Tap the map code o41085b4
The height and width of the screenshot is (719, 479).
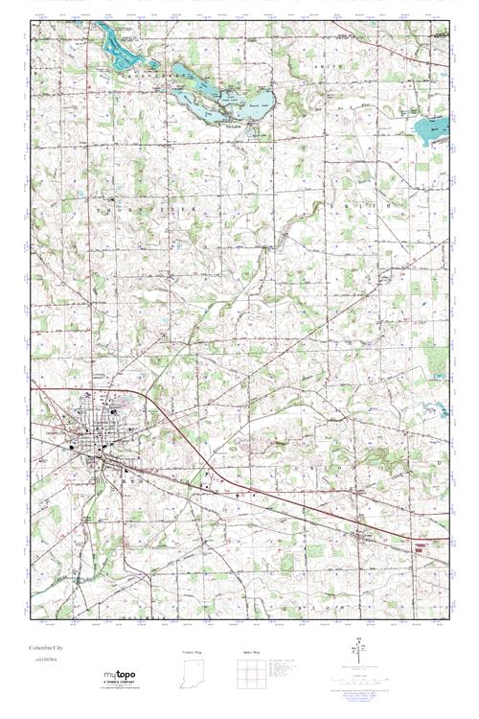[x=43, y=660]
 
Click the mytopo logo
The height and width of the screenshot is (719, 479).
[x=120, y=677]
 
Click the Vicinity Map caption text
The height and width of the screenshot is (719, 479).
[x=193, y=653]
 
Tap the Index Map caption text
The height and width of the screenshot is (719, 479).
[x=252, y=653]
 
